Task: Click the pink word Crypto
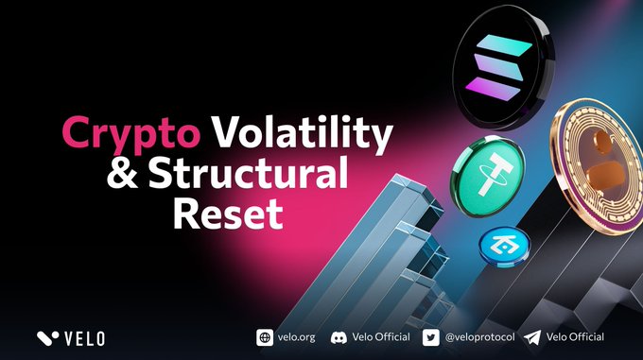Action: coord(130,133)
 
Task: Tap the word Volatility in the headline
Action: coord(303,132)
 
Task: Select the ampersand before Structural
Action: coord(122,172)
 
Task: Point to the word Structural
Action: coord(249,172)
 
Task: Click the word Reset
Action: coord(228,213)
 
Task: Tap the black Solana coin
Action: coord(503,67)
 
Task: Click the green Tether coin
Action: coord(488,177)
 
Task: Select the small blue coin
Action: coord(504,247)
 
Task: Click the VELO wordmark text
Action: coord(85,338)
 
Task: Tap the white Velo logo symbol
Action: coord(47,338)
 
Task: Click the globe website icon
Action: coord(265,338)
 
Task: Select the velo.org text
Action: coord(297,337)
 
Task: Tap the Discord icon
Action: coord(339,338)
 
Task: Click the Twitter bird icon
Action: coord(431,338)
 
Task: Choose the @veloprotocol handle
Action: coord(479,337)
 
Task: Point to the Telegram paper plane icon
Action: coord(532,338)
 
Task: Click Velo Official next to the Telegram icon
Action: coord(575,337)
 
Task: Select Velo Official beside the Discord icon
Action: coord(381,337)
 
